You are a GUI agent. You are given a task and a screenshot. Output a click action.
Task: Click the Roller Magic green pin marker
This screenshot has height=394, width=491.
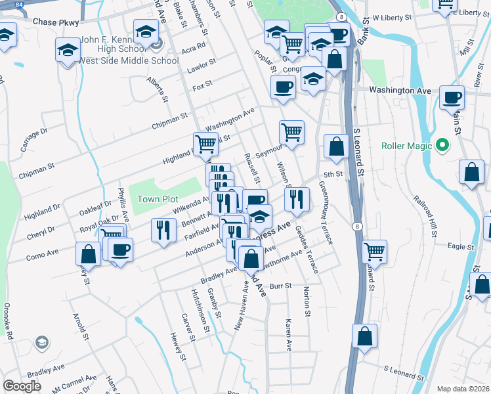tap(442, 145)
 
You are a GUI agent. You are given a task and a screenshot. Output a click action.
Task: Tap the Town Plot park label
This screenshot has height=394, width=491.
tap(158, 199)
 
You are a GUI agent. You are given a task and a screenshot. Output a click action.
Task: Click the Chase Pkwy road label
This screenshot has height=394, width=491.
tap(55, 22)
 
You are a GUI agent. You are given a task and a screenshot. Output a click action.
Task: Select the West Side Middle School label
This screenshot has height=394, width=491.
tap(129, 61)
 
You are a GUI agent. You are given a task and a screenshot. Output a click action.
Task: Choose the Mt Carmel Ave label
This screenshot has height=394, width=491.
tap(73, 382)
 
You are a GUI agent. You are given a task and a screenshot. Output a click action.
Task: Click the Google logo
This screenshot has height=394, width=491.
tap(22, 386)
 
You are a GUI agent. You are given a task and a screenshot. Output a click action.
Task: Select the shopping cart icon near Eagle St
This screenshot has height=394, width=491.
tap(374, 250)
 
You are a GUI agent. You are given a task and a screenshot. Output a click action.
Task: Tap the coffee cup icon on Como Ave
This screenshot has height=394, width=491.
tap(119, 250)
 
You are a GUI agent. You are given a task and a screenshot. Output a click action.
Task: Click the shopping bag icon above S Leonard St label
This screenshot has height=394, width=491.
tap(365, 336)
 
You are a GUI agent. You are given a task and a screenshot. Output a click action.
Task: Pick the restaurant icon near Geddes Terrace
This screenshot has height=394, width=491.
tap(297, 198)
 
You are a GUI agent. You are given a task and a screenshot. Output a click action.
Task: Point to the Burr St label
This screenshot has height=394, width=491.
tap(280, 286)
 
